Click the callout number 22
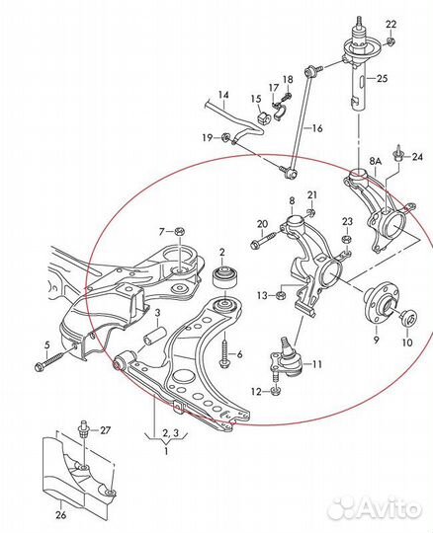click(x=391, y=25)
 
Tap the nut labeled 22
click(x=391, y=41)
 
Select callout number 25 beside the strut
click(x=383, y=79)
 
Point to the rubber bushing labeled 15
click(x=263, y=117)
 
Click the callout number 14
click(x=223, y=95)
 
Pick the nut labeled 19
click(x=225, y=137)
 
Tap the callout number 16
click(x=317, y=128)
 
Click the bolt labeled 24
click(x=397, y=154)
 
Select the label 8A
click(x=376, y=161)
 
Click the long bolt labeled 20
click(x=268, y=240)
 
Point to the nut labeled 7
click(x=179, y=232)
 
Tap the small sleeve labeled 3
click(x=153, y=336)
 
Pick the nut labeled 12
click(x=276, y=391)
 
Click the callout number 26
click(x=60, y=515)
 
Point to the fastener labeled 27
click(x=83, y=429)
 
